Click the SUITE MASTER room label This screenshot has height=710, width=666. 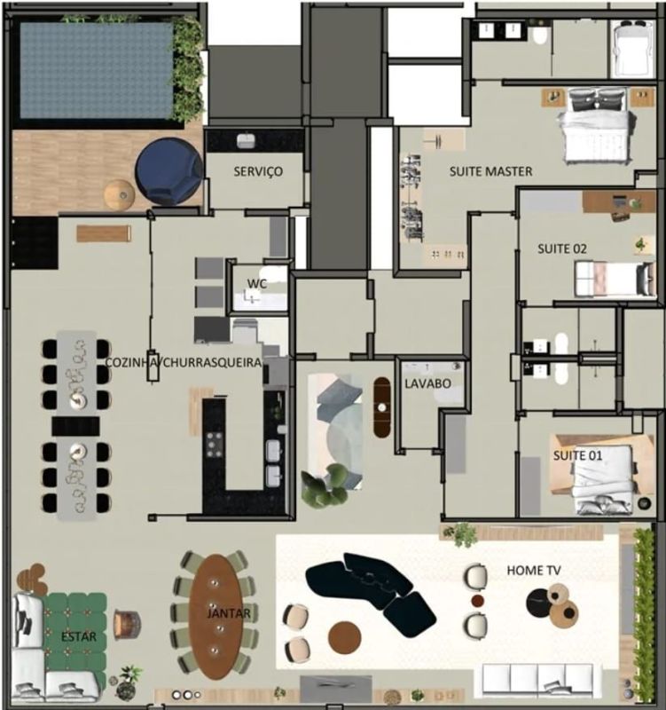[491, 171]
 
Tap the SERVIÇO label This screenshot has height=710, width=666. [258, 171]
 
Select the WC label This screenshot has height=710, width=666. [257, 284]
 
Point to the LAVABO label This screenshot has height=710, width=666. [427, 383]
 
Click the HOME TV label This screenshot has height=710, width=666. [534, 570]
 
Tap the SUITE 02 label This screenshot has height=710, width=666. [562, 248]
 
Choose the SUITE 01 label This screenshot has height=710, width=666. [578, 455]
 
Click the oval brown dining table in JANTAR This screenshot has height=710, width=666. [216, 614]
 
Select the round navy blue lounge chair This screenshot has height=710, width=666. [168, 171]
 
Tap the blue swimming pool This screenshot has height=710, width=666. [96, 71]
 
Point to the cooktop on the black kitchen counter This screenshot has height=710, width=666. [215, 445]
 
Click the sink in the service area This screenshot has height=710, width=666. [247, 140]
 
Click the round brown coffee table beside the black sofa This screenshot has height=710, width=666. [344, 638]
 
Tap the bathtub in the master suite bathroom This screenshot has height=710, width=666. [631, 49]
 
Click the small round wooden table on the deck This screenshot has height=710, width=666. [120, 194]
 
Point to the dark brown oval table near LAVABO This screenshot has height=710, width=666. [382, 407]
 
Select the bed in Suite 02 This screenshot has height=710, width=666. [615, 279]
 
